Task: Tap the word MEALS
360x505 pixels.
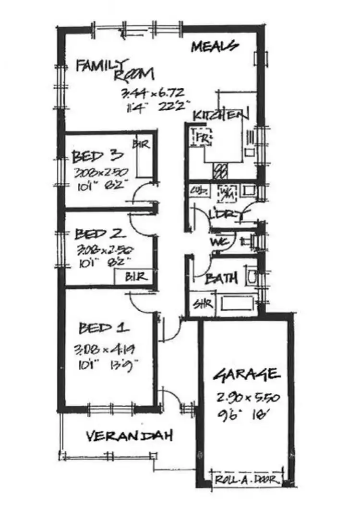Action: tap(215, 46)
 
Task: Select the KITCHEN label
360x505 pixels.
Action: tap(221, 116)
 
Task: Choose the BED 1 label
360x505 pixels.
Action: tap(103, 329)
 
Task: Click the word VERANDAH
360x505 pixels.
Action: tap(129, 436)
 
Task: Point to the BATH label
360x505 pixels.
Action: tap(222, 278)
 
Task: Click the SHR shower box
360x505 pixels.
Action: tap(199, 304)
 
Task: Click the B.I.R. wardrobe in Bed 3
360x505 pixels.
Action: tap(143, 158)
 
